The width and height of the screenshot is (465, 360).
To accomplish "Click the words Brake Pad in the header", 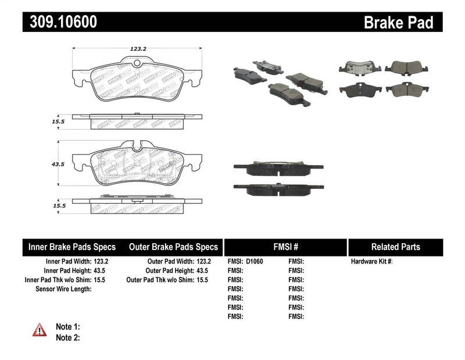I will tap(398, 23).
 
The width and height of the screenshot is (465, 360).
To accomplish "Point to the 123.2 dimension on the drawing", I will tap(137, 49).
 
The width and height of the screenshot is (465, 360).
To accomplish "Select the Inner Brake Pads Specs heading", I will tap(72, 247).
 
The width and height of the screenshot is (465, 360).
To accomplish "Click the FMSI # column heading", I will tap(285, 247).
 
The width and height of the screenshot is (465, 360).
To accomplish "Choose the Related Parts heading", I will tap(396, 247).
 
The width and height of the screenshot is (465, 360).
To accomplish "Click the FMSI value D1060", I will tap(255, 262).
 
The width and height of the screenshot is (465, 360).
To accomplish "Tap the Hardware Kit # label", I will tap(371, 262).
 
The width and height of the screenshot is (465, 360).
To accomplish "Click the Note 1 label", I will tap(67, 327).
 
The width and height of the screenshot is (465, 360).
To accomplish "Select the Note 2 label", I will tap(67, 337).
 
